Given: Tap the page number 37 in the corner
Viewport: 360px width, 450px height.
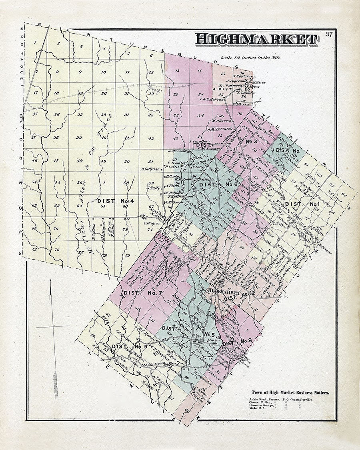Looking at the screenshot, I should coord(329,34).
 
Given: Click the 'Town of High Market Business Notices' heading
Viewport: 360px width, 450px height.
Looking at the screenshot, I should coord(290,392).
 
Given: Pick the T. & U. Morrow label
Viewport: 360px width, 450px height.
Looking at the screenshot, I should coord(212,99).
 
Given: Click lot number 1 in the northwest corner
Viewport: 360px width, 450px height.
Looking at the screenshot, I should coord(36,42).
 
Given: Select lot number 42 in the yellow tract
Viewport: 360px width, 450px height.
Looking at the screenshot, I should coord(151,138).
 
